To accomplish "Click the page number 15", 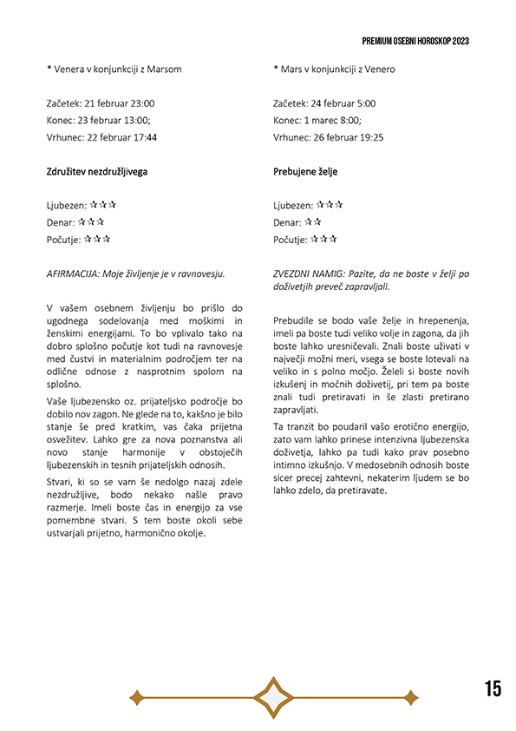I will [493, 689].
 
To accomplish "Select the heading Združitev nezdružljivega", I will [96, 172].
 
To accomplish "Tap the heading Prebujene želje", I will [305, 172].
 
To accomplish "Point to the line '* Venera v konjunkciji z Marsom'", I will [114, 69].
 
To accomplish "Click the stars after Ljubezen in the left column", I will [103, 205].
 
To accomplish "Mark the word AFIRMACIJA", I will [73, 273].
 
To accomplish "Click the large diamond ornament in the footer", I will [274, 697].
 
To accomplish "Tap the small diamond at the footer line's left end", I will [135, 697].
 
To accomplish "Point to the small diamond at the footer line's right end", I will [411, 697].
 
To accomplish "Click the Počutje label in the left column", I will [62, 240].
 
